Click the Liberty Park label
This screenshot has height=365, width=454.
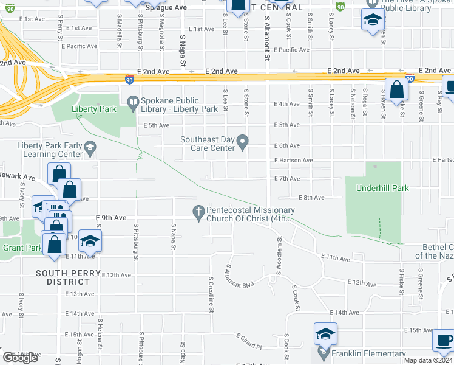[93, 109]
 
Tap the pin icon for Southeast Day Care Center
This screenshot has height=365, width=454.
[243, 143]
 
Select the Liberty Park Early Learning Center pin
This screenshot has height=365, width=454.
[90, 146]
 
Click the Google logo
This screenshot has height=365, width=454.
[20, 358]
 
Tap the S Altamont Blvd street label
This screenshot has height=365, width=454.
[239, 277]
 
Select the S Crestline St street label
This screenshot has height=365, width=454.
[211, 294]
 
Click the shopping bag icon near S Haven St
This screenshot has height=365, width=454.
[396, 89]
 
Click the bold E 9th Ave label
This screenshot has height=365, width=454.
[110, 218]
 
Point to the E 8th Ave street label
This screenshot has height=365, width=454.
[311, 198]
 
